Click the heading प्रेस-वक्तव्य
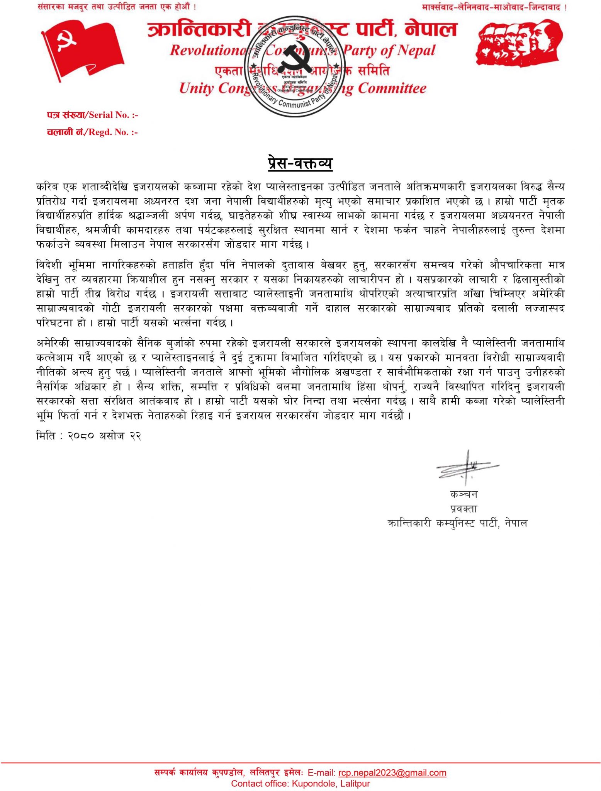(x=300, y=163)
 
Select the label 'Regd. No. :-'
(x=113, y=132)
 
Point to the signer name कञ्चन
(x=463, y=494)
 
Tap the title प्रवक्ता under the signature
(x=463, y=509)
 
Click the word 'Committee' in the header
(x=392, y=88)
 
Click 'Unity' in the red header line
(x=197, y=88)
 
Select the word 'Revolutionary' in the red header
(x=209, y=50)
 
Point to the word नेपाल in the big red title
(x=430, y=29)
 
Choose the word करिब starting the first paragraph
(x=47, y=187)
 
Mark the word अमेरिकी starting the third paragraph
(x=53, y=343)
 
